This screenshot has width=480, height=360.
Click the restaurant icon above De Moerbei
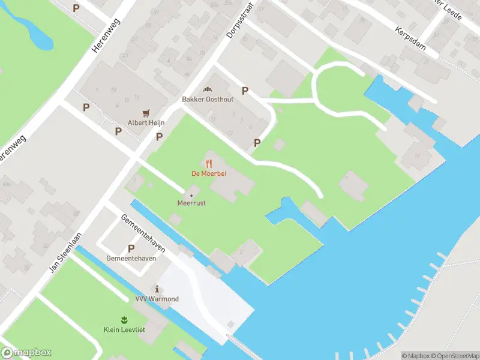[x=209, y=163]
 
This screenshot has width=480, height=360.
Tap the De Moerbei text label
[x=209, y=174]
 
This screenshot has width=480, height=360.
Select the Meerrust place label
[x=191, y=203]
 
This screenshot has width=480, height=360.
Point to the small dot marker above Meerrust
[x=191, y=194]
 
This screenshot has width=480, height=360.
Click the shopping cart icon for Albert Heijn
[x=146, y=112]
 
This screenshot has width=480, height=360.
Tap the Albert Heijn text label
[x=146, y=122]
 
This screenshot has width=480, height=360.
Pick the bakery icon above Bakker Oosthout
[x=208, y=89]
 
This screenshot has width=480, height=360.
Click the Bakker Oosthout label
[x=208, y=100]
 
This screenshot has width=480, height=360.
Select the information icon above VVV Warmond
[x=157, y=289]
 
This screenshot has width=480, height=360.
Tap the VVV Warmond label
[x=157, y=299]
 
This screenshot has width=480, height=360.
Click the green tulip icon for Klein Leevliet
[x=124, y=319]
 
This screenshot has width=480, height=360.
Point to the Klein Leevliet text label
[x=124, y=329]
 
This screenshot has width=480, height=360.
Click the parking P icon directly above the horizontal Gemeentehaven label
[x=131, y=248]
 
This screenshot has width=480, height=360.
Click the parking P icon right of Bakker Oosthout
[x=244, y=91]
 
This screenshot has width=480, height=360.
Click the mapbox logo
[x=26, y=352]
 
